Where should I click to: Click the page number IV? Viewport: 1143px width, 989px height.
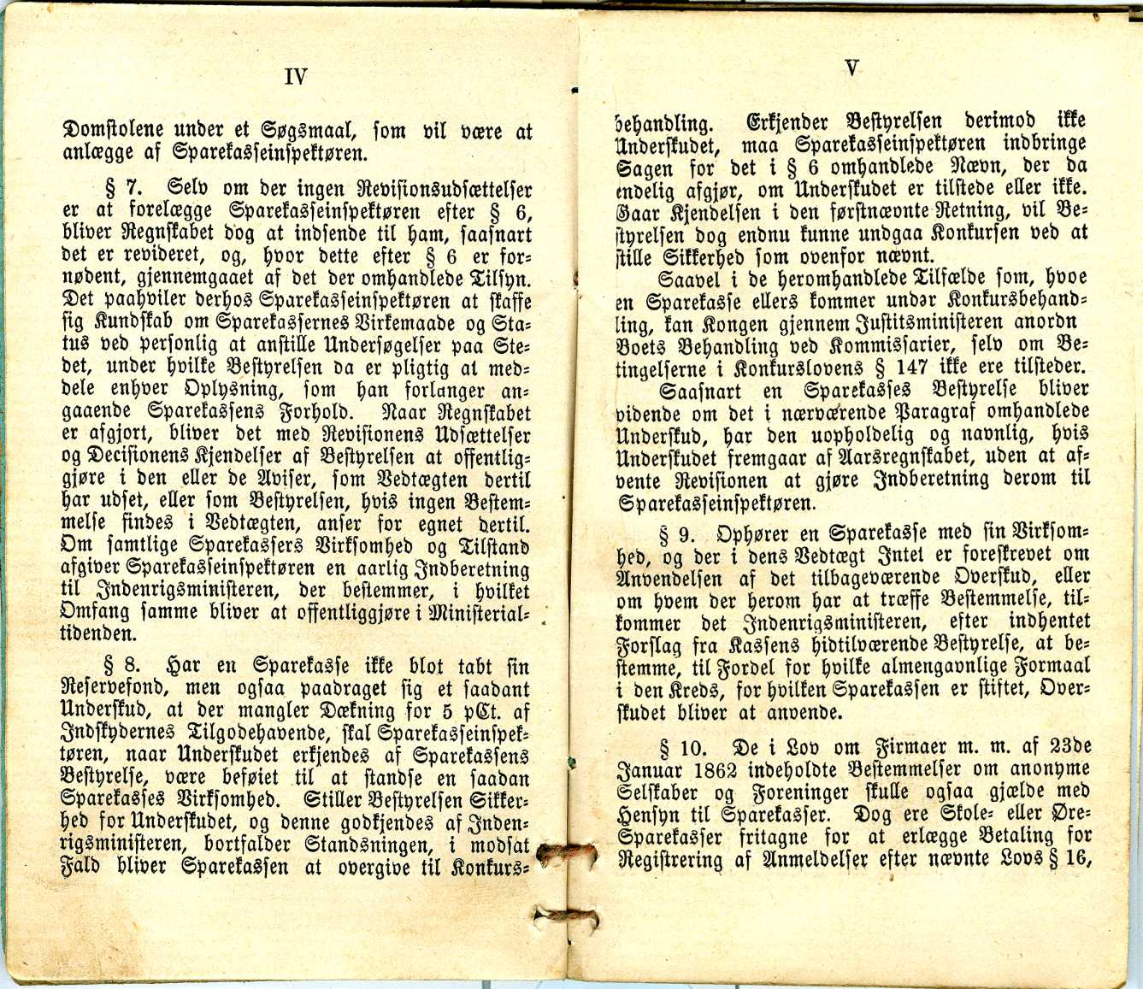click(x=295, y=78)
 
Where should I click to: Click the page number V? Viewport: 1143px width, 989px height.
click(x=851, y=68)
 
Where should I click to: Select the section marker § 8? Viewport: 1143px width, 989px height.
click(x=121, y=666)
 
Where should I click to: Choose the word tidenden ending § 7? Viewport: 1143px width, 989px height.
click(x=98, y=634)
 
